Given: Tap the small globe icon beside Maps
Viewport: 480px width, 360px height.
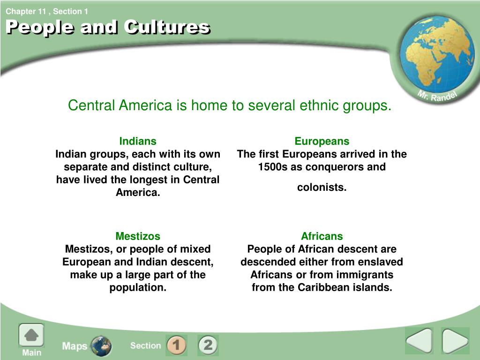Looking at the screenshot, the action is point(101,346).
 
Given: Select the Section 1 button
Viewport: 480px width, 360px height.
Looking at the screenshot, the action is point(176,345).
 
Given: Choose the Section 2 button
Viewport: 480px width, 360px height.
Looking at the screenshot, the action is point(208,345).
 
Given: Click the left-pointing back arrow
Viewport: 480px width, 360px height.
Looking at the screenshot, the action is point(419,340).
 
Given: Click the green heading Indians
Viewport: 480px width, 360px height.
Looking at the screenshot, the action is point(138,141).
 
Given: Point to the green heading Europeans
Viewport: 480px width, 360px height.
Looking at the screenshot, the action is point(322,141).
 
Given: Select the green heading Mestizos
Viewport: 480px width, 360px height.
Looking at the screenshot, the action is point(138,236).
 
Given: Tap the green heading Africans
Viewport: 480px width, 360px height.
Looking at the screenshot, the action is point(322,236).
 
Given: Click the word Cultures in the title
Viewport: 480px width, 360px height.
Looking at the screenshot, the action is point(167,27).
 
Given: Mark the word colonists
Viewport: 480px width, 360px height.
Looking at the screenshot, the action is point(322,187).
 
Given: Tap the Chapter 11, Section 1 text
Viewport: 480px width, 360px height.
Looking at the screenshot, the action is point(47,12).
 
